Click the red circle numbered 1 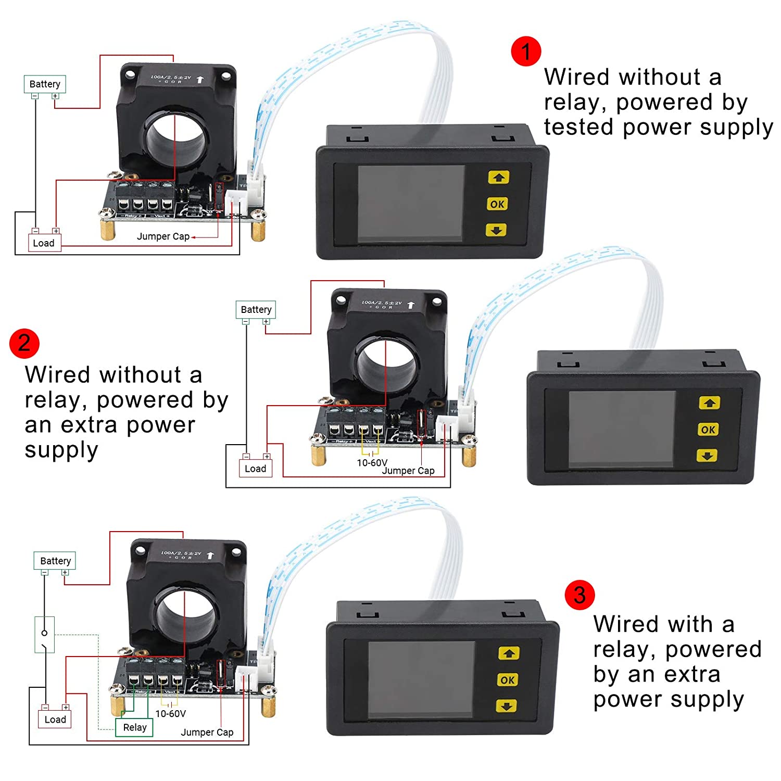[x=526, y=52]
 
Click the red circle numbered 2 [x=24, y=344]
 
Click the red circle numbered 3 [x=580, y=595]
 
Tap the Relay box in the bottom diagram [x=134, y=727]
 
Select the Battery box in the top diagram [x=45, y=84]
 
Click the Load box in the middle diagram [x=255, y=469]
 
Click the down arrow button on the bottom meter [x=507, y=706]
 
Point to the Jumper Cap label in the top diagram [x=163, y=236]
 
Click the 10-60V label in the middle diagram [x=372, y=462]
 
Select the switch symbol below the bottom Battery [x=45, y=634]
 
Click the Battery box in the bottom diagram [x=55, y=561]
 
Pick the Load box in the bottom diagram [x=55, y=720]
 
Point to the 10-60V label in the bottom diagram [x=170, y=713]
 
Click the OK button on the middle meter [x=708, y=430]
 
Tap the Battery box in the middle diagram [x=256, y=309]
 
